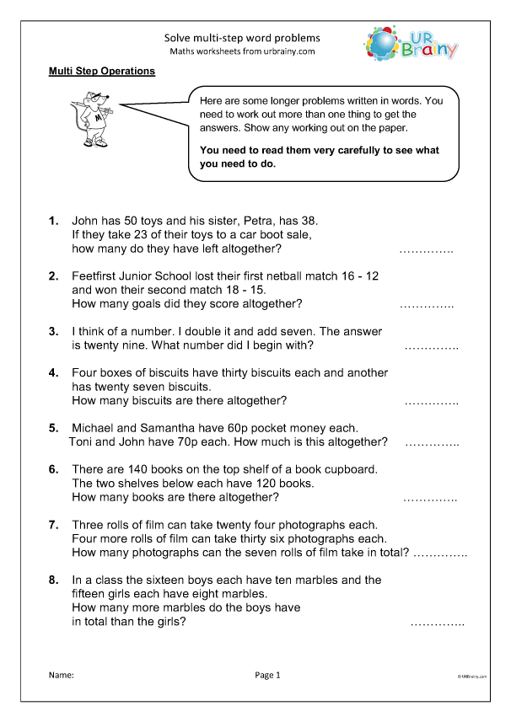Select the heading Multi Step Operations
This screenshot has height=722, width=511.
(102, 72)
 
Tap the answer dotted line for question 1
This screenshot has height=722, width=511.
(426, 251)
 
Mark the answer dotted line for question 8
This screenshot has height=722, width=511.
(437, 624)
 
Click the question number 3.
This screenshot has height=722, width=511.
(53, 331)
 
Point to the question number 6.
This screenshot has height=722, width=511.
(53, 468)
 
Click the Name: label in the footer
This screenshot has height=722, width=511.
(61, 675)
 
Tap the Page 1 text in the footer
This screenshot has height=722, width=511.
(266, 675)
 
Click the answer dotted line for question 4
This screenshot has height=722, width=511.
(431, 403)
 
